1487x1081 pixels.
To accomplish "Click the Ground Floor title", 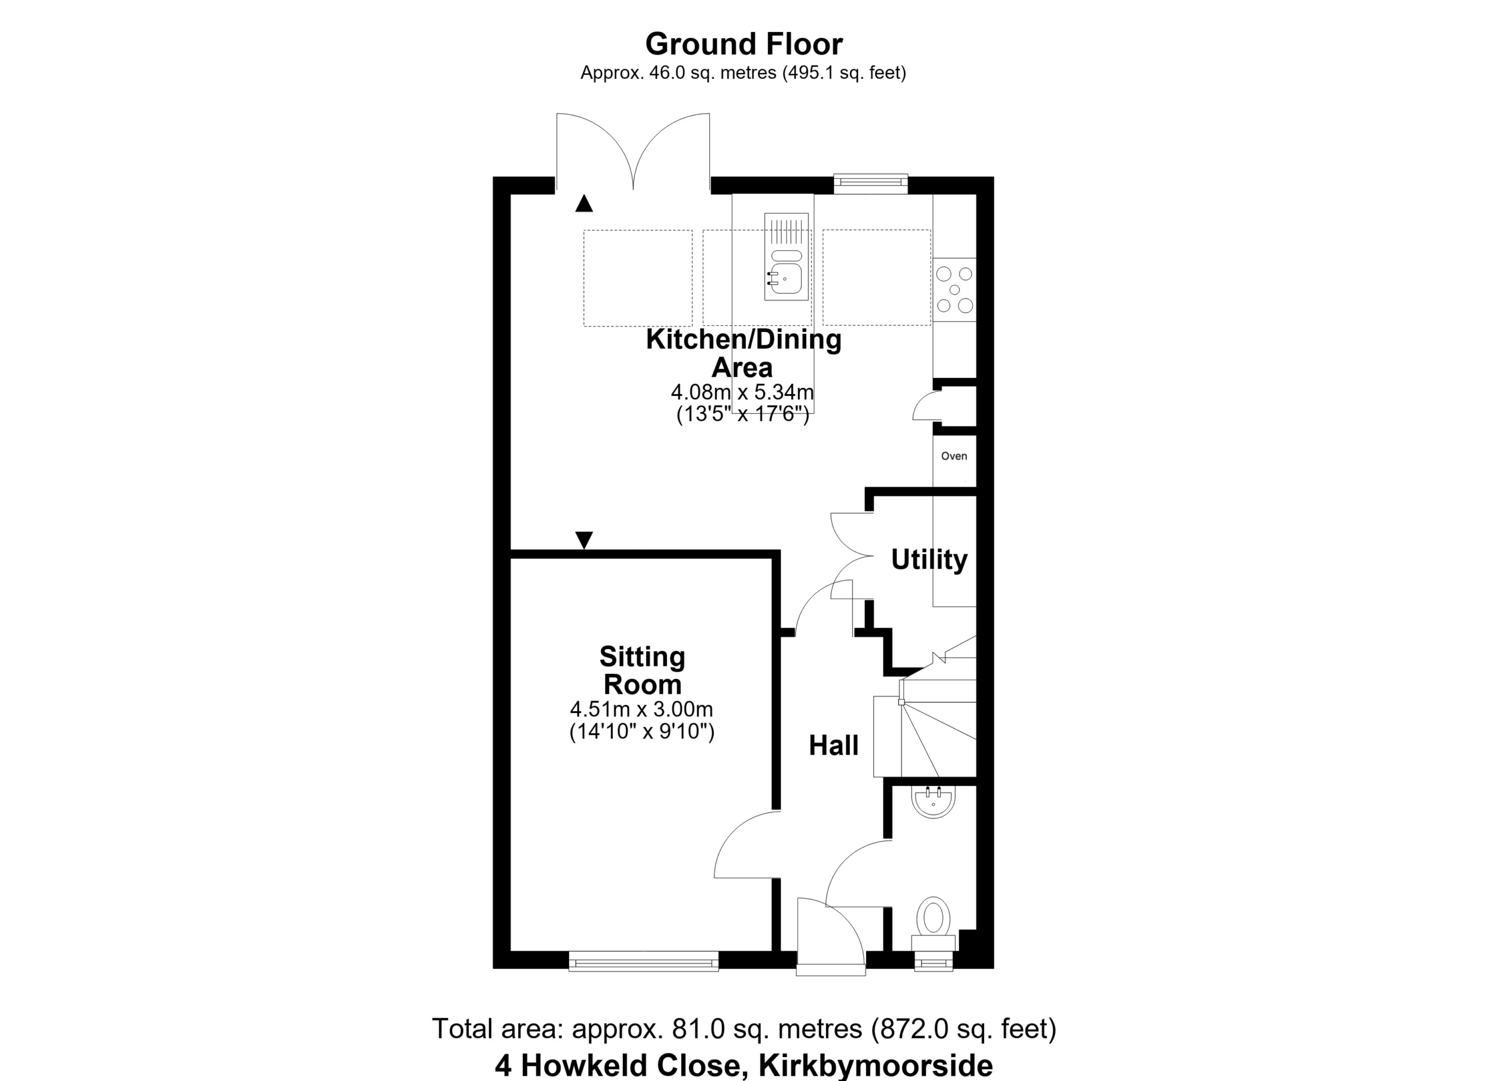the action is (x=743, y=45).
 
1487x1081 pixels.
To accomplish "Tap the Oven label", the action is (x=954, y=456).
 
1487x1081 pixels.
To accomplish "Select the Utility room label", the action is (x=929, y=560).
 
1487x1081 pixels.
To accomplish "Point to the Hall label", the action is (x=834, y=745).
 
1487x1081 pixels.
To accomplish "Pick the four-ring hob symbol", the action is (x=954, y=289).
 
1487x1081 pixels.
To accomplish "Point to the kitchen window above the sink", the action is (x=871, y=183).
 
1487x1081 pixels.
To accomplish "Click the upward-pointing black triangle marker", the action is (x=584, y=204).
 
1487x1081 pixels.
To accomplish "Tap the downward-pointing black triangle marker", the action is (x=584, y=540).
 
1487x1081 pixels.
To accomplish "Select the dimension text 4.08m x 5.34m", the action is (x=742, y=392).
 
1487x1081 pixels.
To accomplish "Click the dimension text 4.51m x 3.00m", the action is (x=642, y=709).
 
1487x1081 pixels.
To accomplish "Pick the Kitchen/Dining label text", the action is (x=743, y=340).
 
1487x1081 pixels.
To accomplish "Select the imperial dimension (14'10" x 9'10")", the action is (x=642, y=731).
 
